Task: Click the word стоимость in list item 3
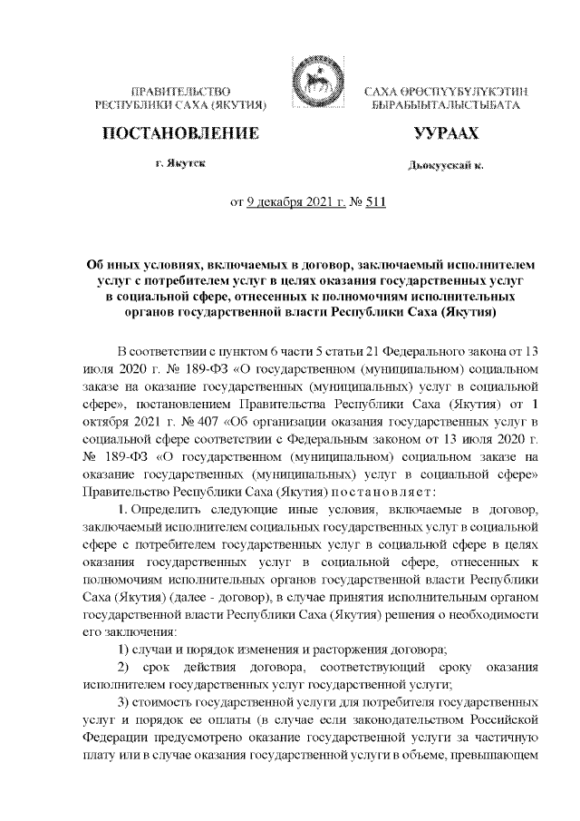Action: click(176, 703)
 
